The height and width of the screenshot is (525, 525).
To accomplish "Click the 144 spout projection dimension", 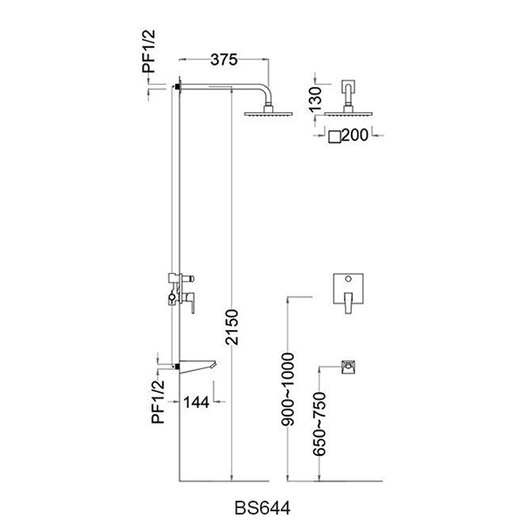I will pyautogui.click(x=199, y=402).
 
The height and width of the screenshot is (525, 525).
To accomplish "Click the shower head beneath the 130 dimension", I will pyautogui.click(x=348, y=112).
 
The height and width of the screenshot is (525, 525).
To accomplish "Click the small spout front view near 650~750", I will pyautogui.click(x=349, y=366).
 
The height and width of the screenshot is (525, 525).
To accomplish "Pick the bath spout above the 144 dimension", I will pyautogui.click(x=201, y=365).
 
